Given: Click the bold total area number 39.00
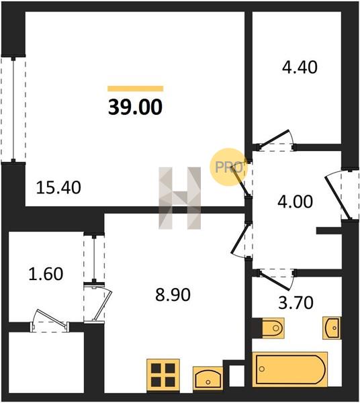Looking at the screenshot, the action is tap(135, 107).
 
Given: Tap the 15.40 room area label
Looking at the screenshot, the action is tap(58, 187).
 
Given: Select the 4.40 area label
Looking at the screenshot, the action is tap(300, 67).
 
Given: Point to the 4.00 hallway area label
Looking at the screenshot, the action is tap(296, 201).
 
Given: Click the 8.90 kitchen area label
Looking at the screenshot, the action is tap(173, 295).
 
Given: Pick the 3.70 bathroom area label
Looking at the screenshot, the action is tap(296, 302).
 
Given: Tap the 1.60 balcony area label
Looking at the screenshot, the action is tap(46, 274).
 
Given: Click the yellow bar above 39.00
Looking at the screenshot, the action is tap(136, 89).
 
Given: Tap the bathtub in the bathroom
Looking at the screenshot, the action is tap(290, 369).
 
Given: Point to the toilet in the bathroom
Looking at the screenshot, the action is tap(273, 328).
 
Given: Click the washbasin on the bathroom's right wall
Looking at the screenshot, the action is tap(332, 328).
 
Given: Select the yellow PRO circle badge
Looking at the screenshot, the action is tap(228, 167).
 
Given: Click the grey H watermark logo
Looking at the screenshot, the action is tap(179, 198).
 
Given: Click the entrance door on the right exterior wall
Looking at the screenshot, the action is tap(341, 194).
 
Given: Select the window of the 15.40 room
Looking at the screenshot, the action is tap(13, 109).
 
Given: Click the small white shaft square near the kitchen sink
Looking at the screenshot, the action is tap(236, 375).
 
